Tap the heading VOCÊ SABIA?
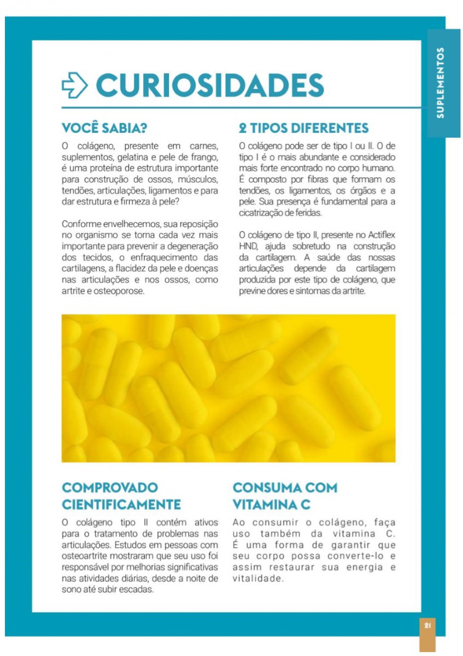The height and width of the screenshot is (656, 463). tap(105, 128)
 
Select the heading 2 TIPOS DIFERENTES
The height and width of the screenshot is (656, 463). tap(303, 128)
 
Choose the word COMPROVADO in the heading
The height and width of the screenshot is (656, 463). tap(110, 487)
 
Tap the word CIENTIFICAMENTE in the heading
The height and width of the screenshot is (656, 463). tap(121, 503)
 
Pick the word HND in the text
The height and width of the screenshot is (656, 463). tap(248, 246)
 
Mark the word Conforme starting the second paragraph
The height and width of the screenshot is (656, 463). tap(81, 224)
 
